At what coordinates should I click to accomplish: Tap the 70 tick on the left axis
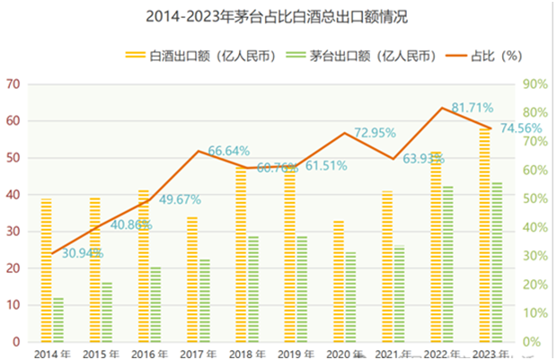click(x=12, y=84)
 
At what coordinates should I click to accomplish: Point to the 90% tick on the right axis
click(x=534, y=84)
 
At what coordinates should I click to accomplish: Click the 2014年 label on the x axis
click(x=50, y=353)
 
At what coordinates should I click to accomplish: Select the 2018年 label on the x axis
click(x=245, y=353)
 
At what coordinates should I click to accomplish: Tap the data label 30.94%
click(x=83, y=254)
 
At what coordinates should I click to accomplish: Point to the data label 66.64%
click(x=229, y=150)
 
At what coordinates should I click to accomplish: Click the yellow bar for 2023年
click(x=485, y=235)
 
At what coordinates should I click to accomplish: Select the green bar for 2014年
click(x=58, y=320)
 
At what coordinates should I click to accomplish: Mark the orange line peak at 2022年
click(x=442, y=109)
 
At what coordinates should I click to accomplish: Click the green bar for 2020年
click(x=350, y=297)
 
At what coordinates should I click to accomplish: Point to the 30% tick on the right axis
click(x=534, y=256)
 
